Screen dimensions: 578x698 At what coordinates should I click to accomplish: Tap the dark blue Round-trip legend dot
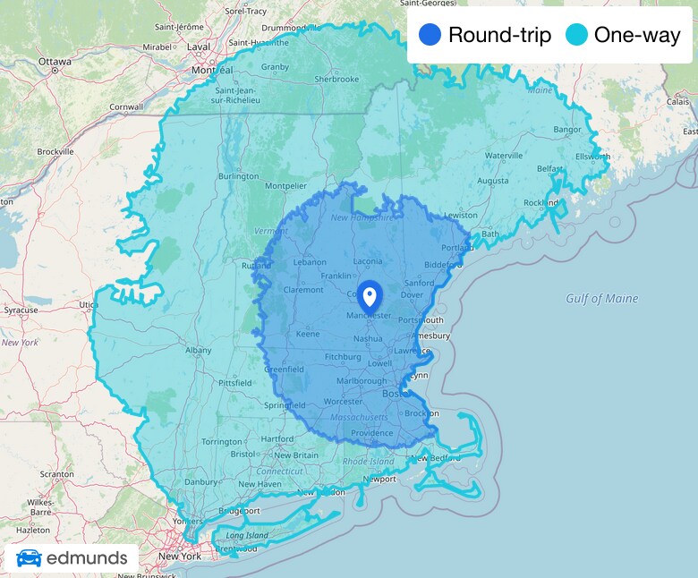[430, 36]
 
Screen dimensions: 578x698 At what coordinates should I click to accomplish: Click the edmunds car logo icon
[29, 558]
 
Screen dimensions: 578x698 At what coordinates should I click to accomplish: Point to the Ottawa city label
[55, 62]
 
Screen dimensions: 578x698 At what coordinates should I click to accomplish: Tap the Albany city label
[199, 351]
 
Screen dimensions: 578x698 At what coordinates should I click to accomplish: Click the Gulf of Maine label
[602, 299]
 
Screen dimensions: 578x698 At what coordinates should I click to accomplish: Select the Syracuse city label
[21, 310]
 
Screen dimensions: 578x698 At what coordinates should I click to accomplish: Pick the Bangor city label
[567, 130]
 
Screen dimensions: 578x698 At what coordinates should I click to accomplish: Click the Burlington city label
[238, 176]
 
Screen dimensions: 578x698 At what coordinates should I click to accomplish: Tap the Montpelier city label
[286, 186]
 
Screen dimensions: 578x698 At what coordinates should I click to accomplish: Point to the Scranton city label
[31, 474]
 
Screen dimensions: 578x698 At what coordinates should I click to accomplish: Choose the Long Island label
[247, 536]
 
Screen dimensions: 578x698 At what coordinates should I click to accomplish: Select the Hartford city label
[277, 439]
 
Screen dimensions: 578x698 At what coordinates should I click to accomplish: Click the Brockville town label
[55, 152]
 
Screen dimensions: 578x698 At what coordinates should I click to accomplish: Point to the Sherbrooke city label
[337, 79]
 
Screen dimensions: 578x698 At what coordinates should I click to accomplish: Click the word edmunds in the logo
[87, 558]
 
